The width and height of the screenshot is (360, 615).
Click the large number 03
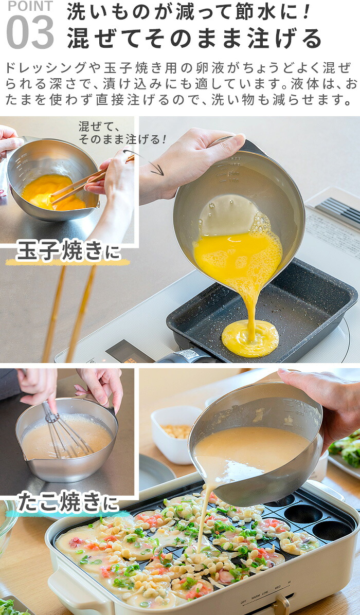[x=30, y=32]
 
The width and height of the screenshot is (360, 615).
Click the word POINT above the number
[x=30, y=6]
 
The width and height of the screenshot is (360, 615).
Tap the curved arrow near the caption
[x=145, y=161]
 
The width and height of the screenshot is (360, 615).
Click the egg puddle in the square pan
[x=250, y=338]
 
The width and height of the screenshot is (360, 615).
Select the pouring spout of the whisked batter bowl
[x=24, y=456]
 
